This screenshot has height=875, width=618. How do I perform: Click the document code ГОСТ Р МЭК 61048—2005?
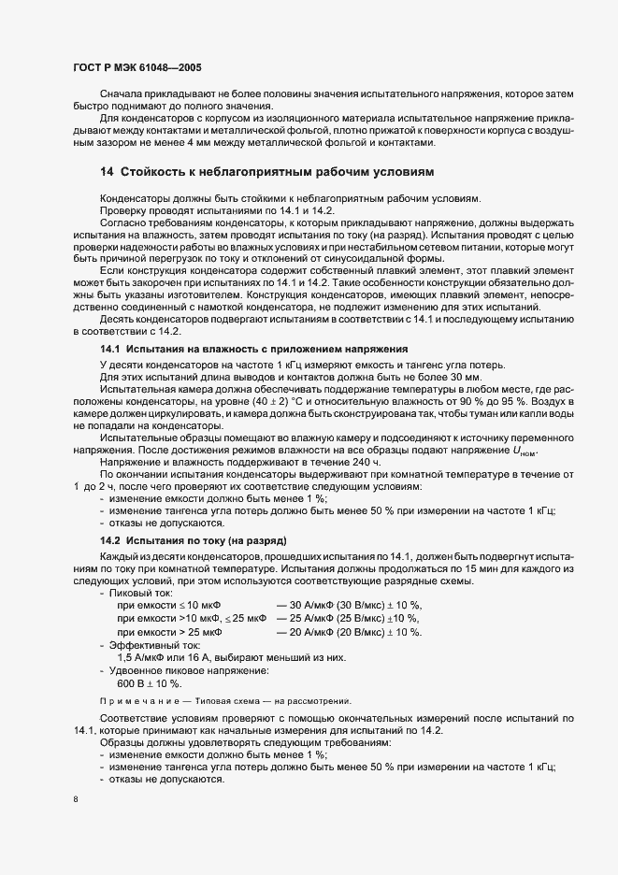pos(136,69)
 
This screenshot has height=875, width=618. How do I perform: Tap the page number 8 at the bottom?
pos(75,800)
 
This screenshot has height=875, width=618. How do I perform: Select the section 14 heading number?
pos(107,173)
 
